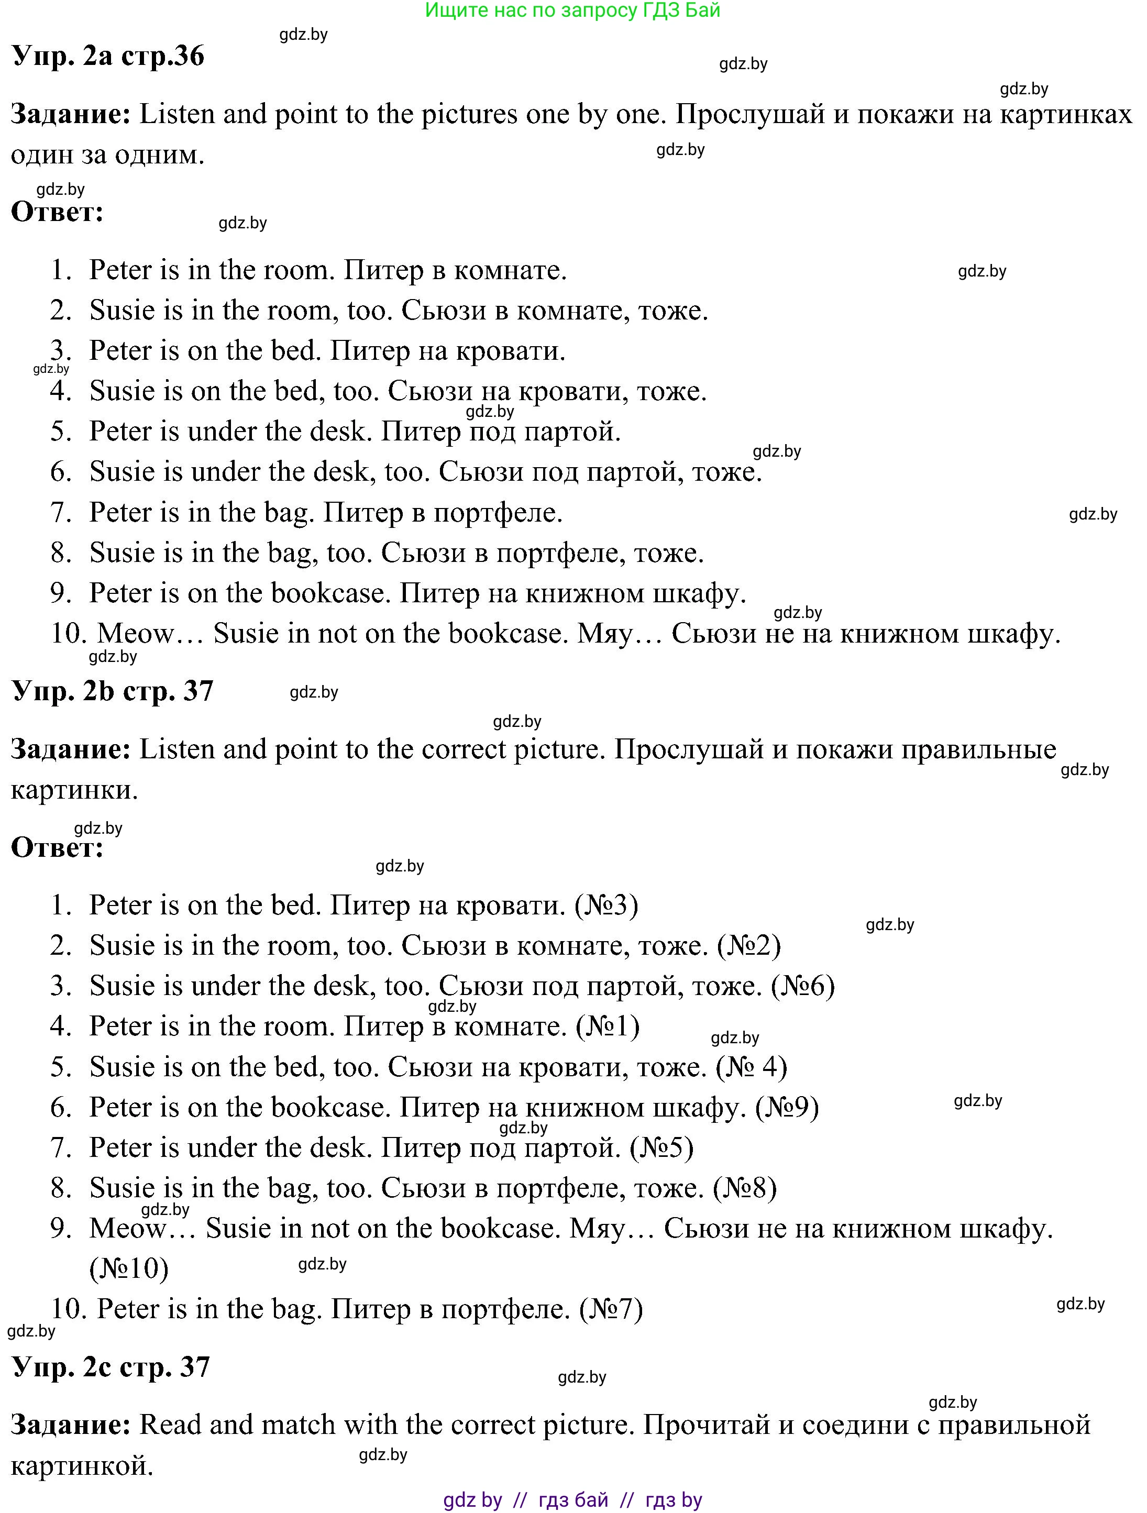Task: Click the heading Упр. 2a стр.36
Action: pos(108,56)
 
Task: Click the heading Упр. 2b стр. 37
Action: pos(113,691)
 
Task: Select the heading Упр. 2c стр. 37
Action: pos(111,1367)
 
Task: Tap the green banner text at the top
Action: pos(572,10)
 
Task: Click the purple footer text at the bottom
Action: pos(572,1500)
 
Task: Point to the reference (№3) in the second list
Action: pos(606,905)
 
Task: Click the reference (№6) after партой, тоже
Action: pos(802,986)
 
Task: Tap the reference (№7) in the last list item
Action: pos(611,1309)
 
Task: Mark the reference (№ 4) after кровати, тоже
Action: pos(751,1067)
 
